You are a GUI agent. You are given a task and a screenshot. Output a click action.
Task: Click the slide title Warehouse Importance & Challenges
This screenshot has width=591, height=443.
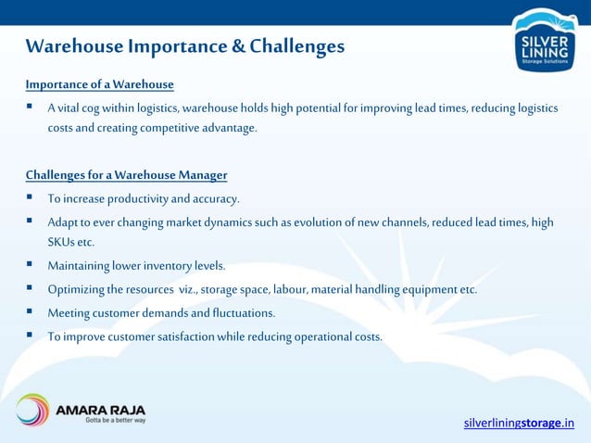[x=184, y=46]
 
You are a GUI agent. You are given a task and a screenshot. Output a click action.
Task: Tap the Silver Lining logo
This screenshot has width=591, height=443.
[x=544, y=42]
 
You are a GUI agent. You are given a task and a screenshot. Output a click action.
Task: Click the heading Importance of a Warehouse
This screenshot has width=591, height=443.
[x=99, y=85]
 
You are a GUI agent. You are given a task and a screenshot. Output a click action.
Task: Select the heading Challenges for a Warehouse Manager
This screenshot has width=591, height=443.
[x=126, y=175]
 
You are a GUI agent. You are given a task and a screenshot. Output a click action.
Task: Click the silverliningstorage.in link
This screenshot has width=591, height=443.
[x=519, y=424]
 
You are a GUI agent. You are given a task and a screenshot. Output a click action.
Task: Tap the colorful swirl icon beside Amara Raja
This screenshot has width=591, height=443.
[x=32, y=411]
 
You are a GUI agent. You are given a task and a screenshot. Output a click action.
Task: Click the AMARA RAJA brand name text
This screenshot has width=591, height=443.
[x=101, y=408]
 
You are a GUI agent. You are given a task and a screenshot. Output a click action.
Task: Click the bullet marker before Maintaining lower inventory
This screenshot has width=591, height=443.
[x=30, y=265]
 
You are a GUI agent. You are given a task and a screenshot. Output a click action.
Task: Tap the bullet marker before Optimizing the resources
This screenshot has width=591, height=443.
[x=30, y=288]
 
